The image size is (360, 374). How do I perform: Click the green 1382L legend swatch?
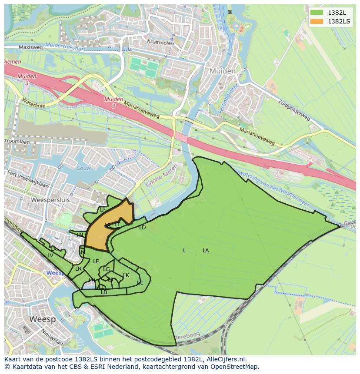point(317,13)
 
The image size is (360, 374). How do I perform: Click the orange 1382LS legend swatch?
point(317,21)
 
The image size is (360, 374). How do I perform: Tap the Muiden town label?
point(222,71)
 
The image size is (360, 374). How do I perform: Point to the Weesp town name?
point(43,319)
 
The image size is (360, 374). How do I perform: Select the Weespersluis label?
point(51,200)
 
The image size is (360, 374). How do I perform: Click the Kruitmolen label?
point(160,43)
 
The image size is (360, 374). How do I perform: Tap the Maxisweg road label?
point(30,47)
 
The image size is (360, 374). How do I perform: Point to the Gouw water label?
point(83,168)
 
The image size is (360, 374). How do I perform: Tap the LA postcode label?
point(206,251)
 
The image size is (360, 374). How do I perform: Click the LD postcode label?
point(142,228)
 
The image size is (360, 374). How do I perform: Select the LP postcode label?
point(103,210)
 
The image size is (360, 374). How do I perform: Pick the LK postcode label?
point(126,275)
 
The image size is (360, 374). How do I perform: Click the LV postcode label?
point(50,255)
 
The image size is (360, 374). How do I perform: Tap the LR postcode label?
point(78,269)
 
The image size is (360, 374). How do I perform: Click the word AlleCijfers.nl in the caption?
point(226,359)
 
